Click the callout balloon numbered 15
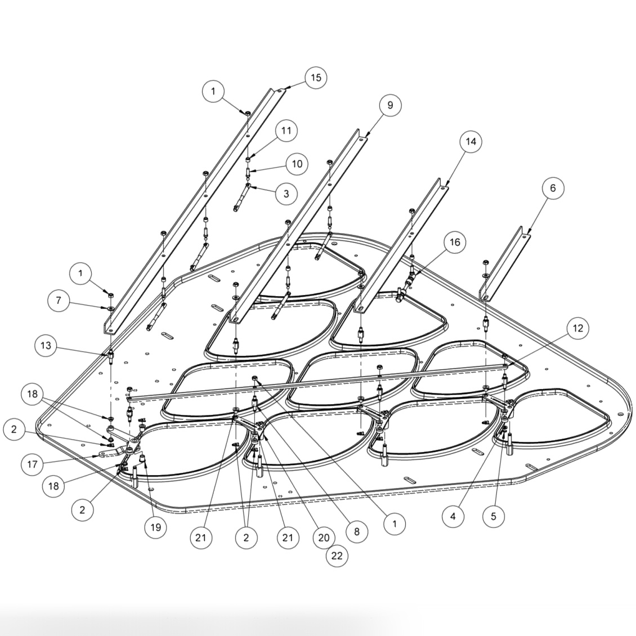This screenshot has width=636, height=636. [x=316, y=77]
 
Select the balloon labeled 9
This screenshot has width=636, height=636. [x=390, y=105]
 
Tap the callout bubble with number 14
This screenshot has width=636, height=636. [x=471, y=141]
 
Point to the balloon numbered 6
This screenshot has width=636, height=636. [x=552, y=188]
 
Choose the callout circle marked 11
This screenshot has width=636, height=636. [x=286, y=131]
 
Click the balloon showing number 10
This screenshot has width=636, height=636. [x=297, y=164]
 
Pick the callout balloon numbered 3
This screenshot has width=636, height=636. [x=286, y=194]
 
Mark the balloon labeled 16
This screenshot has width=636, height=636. [x=455, y=242]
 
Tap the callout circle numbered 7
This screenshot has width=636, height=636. [x=58, y=301]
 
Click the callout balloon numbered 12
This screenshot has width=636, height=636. [x=577, y=328]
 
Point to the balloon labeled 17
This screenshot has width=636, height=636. [x=32, y=465]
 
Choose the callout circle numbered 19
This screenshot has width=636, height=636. [x=156, y=527]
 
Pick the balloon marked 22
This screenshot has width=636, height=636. [x=337, y=556]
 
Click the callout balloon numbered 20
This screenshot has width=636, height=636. [x=324, y=538]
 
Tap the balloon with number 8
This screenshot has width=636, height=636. [x=356, y=531]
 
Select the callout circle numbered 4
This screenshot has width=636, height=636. [x=453, y=516]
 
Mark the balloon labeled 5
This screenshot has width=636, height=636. [x=494, y=516]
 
